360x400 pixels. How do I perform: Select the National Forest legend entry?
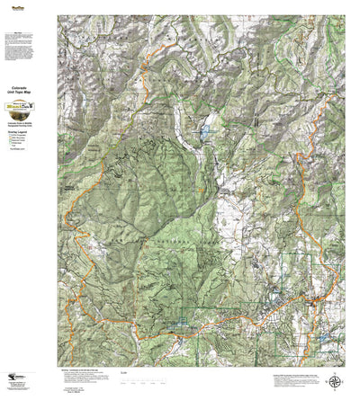[x=22, y=140]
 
